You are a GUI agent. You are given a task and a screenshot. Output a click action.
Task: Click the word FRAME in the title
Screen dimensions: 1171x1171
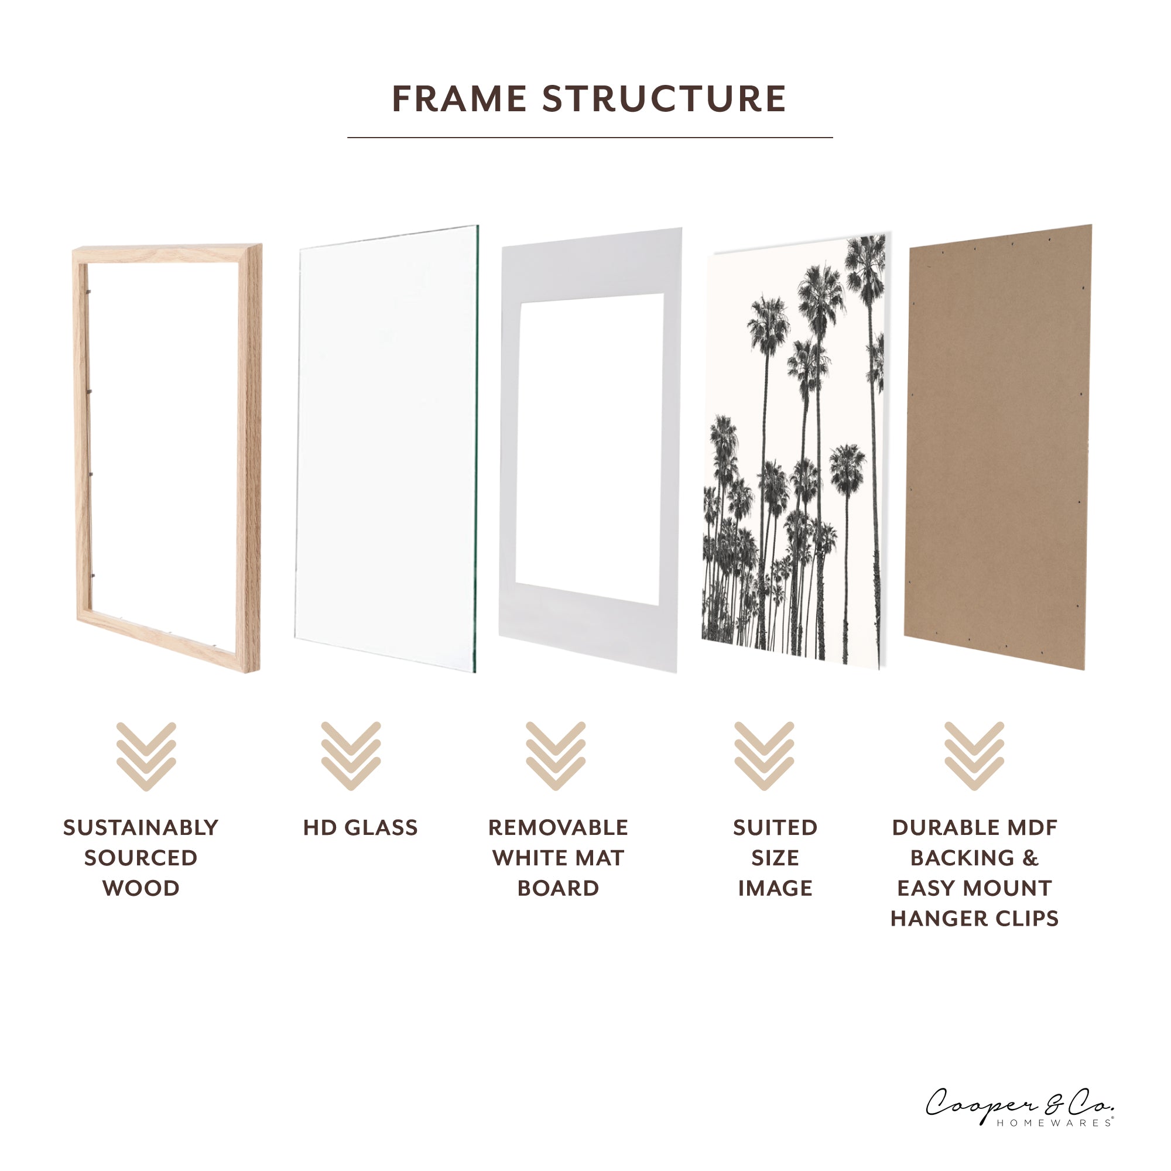point(459,99)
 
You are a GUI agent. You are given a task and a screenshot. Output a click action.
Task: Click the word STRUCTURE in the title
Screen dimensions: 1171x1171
point(665,99)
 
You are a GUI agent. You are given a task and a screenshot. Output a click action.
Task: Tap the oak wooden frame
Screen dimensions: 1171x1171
point(249,454)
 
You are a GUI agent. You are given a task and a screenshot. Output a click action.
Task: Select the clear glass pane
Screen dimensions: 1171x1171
point(388,448)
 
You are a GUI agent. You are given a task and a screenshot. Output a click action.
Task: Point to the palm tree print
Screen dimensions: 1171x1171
point(794,448)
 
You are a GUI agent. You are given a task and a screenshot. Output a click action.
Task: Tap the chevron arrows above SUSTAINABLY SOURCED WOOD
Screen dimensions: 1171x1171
point(146,756)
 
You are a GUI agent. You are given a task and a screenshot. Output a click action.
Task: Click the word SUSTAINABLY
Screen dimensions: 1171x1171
point(141,827)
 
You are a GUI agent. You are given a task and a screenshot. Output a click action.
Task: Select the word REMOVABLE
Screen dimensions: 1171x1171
point(558,827)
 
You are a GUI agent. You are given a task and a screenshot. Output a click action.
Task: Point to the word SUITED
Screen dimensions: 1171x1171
point(775,827)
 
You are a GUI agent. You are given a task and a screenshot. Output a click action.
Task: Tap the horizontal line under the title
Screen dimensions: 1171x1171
point(590,138)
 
